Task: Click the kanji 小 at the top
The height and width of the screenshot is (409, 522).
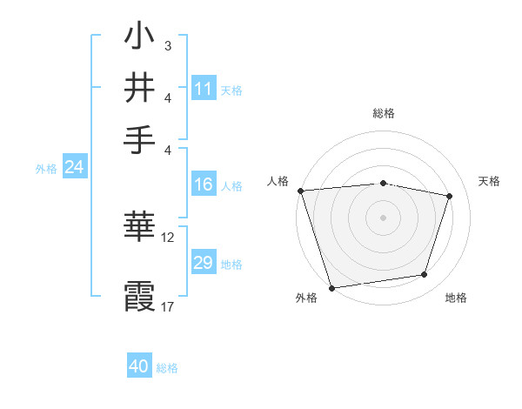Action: coord(139,37)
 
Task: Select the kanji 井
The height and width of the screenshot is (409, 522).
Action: coord(139,87)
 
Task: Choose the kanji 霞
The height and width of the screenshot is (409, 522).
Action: coord(139,294)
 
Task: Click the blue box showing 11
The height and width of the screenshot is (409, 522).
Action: coord(204,89)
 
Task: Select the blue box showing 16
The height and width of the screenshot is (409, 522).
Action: coord(204,184)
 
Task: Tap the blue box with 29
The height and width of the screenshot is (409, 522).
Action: coord(204,263)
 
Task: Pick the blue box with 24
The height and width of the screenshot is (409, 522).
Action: coord(74,167)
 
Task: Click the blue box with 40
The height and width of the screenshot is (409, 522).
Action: coord(139,366)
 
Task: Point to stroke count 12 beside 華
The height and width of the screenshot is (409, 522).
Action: coord(168,237)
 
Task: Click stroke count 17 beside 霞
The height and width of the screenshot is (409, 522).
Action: coord(168,305)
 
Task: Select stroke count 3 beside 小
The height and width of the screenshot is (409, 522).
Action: coord(167,44)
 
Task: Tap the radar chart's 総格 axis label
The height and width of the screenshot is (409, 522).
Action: coord(383,113)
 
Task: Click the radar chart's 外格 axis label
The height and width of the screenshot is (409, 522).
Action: coord(306,298)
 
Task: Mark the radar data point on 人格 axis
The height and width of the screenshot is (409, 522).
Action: coord(300,191)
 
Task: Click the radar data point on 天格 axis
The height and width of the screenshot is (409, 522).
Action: coord(450,196)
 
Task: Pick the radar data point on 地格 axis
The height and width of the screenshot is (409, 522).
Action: coord(425,275)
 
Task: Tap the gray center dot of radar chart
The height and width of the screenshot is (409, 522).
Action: coord(383,218)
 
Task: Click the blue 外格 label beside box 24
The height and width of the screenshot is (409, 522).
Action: coord(45,169)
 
